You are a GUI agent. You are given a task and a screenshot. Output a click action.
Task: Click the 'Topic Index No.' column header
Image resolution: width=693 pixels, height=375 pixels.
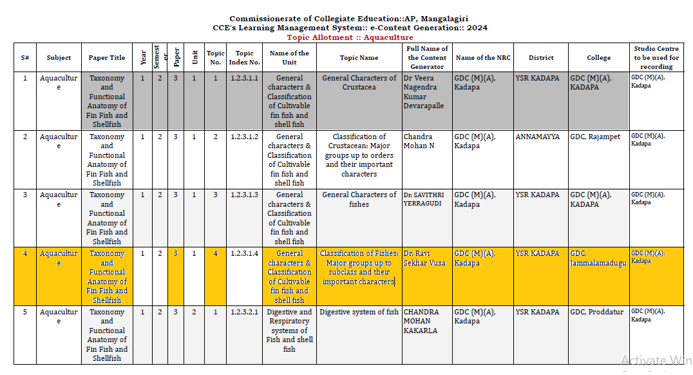coord(244,58)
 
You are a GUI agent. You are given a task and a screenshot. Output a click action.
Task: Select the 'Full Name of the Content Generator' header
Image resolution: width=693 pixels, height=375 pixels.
coord(427,57)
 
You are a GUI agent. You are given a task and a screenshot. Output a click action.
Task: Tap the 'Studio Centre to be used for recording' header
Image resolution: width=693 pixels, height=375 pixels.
coord(656,57)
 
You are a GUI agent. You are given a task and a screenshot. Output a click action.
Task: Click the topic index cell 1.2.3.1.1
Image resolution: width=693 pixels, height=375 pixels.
coord(244,79)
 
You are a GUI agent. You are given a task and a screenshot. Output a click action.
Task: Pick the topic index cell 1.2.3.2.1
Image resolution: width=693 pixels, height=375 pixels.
coord(244,312)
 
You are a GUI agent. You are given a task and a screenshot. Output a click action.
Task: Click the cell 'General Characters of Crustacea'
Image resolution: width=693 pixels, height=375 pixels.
coord(359,82)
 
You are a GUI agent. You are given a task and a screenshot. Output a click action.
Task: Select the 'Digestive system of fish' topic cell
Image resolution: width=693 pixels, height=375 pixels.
coord(359,312)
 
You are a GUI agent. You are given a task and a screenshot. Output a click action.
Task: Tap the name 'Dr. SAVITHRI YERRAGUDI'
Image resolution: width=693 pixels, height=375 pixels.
coord(424,199)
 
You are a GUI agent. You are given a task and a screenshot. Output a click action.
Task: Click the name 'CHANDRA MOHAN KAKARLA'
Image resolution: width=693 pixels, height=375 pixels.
coord(421,321)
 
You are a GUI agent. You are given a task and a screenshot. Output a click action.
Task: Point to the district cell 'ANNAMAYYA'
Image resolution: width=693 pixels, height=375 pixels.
coord(538,137)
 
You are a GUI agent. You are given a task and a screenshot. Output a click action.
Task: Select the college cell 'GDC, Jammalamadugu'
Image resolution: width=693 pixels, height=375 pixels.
coord(598,258)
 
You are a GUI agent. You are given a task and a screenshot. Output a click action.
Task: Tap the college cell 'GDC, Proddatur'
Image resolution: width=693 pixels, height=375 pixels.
coord(596,312)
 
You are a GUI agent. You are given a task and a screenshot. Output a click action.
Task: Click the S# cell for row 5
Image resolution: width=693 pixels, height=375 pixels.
coord(25,312)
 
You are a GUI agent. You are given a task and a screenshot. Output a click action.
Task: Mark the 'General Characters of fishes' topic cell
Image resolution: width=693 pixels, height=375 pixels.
coord(359,199)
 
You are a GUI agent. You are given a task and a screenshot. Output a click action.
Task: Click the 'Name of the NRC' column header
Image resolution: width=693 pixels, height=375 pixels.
coord(482,58)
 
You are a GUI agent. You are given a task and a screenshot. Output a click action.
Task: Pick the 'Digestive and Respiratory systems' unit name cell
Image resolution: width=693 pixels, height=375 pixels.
coord(289,330)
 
